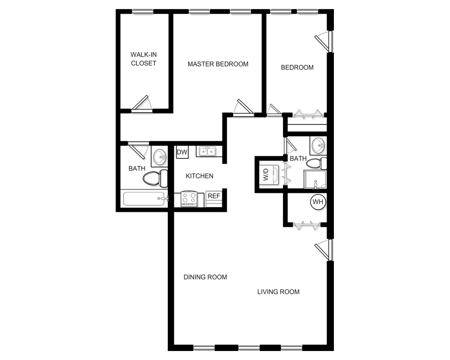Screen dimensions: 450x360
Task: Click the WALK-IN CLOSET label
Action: pos(144,59)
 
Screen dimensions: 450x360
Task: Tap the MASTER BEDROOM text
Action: pos(218,64)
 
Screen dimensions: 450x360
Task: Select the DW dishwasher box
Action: pos(182,152)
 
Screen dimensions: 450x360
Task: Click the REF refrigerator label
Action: pos(214,196)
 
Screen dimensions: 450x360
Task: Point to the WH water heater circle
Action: pos(318,202)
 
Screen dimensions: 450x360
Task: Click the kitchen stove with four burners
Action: pos(189,198)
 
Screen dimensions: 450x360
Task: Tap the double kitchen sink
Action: pos(207,151)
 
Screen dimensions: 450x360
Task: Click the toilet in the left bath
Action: pos(155,178)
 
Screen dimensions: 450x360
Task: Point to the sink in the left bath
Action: pos(159,157)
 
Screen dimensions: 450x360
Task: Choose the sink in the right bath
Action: pos(318,145)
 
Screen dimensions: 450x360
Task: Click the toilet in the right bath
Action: pos(316,163)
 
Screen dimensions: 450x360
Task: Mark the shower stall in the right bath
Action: pos(315,180)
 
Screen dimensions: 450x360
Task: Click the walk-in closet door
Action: pos(141,103)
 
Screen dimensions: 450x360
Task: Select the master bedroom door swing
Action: pos(243,108)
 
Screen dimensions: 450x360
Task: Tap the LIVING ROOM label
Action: pos(278,292)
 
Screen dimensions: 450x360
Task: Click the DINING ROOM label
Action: pos(205,277)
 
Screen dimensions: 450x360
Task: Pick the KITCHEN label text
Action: pos(199,176)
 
